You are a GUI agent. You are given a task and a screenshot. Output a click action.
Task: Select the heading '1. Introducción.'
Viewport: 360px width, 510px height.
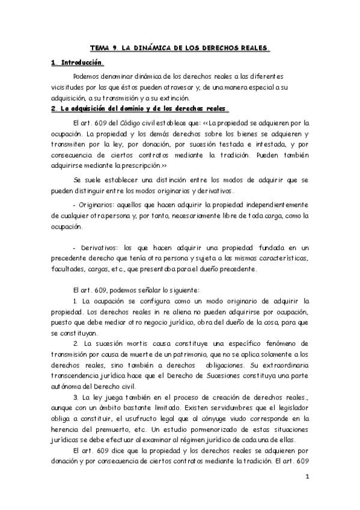point(78,62)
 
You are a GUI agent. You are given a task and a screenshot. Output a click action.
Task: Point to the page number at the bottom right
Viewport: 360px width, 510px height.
point(307,478)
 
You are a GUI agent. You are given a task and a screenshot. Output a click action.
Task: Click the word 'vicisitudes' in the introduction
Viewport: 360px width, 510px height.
point(67,88)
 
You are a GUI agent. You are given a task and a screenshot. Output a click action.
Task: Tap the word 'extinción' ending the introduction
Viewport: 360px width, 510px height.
point(174,98)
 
